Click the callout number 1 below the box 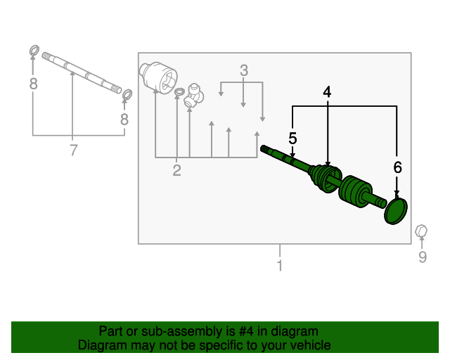[280, 265]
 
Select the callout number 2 [176, 170]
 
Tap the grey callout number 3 [244, 70]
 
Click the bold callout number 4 [327, 92]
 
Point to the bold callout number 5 [292, 139]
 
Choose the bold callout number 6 [397, 167]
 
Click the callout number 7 [74, 150]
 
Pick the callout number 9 [422, 257]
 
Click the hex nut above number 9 [421, 231]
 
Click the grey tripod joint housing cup [158, 77]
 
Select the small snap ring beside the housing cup [179, 92]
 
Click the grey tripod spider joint [194, 96]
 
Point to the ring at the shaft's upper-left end [34, 51]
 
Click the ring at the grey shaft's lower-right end [127, 94]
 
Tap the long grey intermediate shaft [82, 73]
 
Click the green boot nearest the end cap [355, 191]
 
